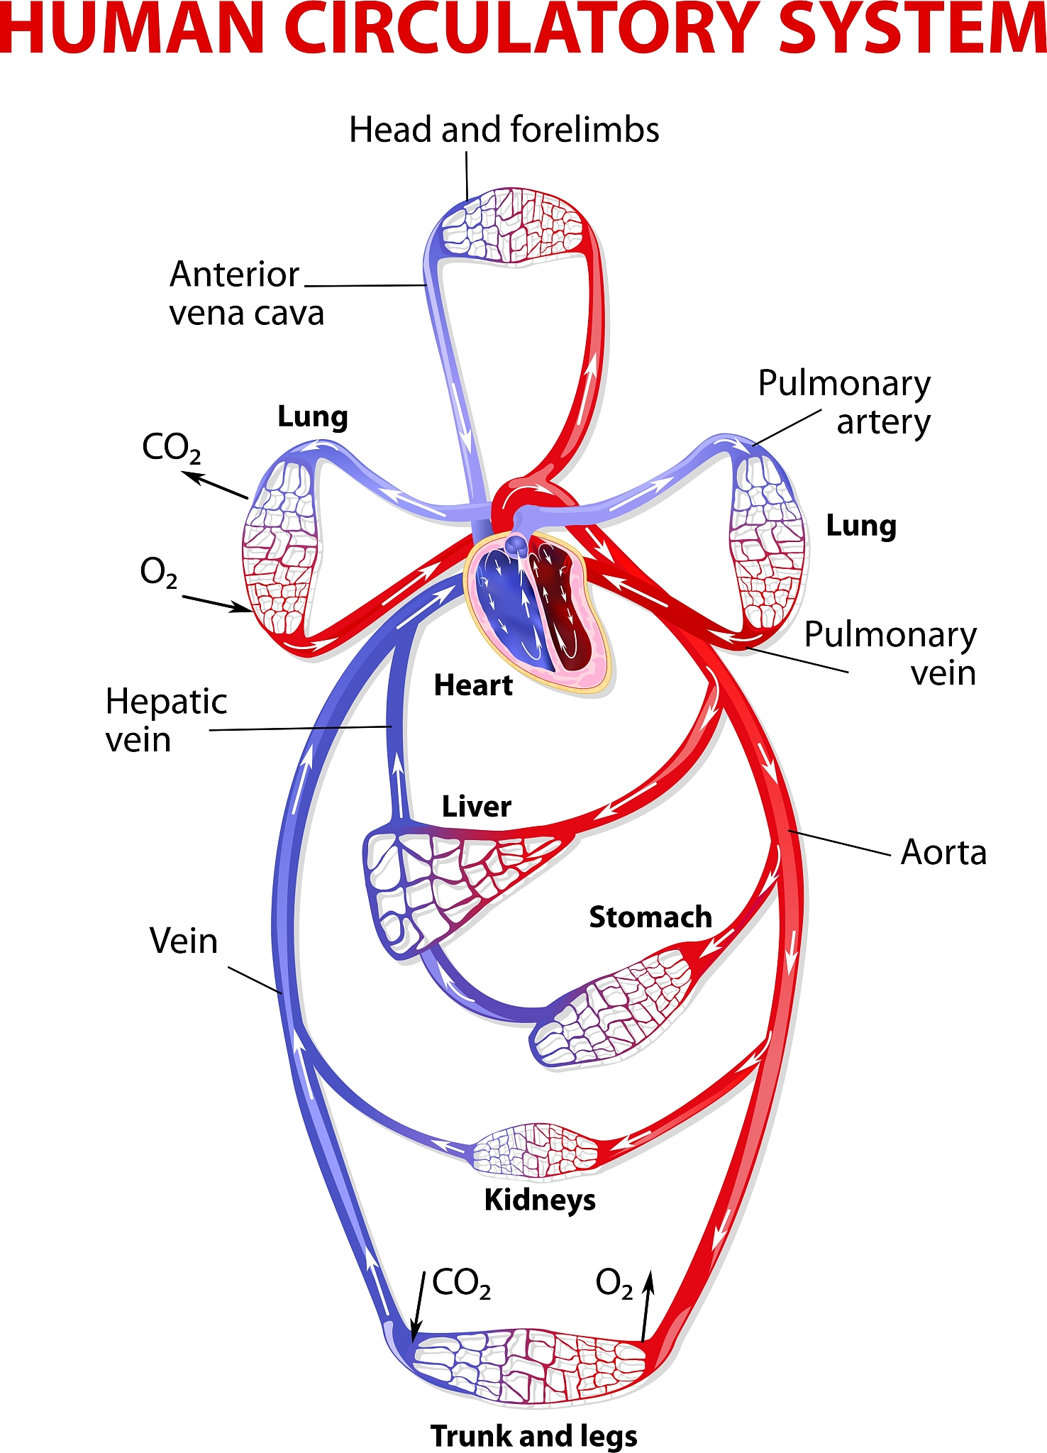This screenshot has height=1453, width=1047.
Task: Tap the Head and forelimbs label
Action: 504,130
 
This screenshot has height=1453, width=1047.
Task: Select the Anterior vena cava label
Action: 246,293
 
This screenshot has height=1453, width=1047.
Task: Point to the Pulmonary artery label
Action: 844,402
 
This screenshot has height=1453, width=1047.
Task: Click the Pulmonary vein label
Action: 890,653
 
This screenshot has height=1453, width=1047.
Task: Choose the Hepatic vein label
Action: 166,720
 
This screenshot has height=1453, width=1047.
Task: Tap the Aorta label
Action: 943,852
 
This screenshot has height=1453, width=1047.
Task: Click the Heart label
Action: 473,685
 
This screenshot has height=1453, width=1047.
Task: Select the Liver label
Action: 476,807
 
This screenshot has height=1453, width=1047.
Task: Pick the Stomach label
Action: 650,917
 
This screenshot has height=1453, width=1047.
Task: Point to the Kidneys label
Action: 540,1200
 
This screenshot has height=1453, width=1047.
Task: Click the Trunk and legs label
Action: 534,1435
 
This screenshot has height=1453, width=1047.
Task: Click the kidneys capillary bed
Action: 536,1150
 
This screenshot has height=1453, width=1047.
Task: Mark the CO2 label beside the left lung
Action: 172,448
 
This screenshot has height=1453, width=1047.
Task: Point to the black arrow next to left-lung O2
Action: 216,603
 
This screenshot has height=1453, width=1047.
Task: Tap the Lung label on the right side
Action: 861,526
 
